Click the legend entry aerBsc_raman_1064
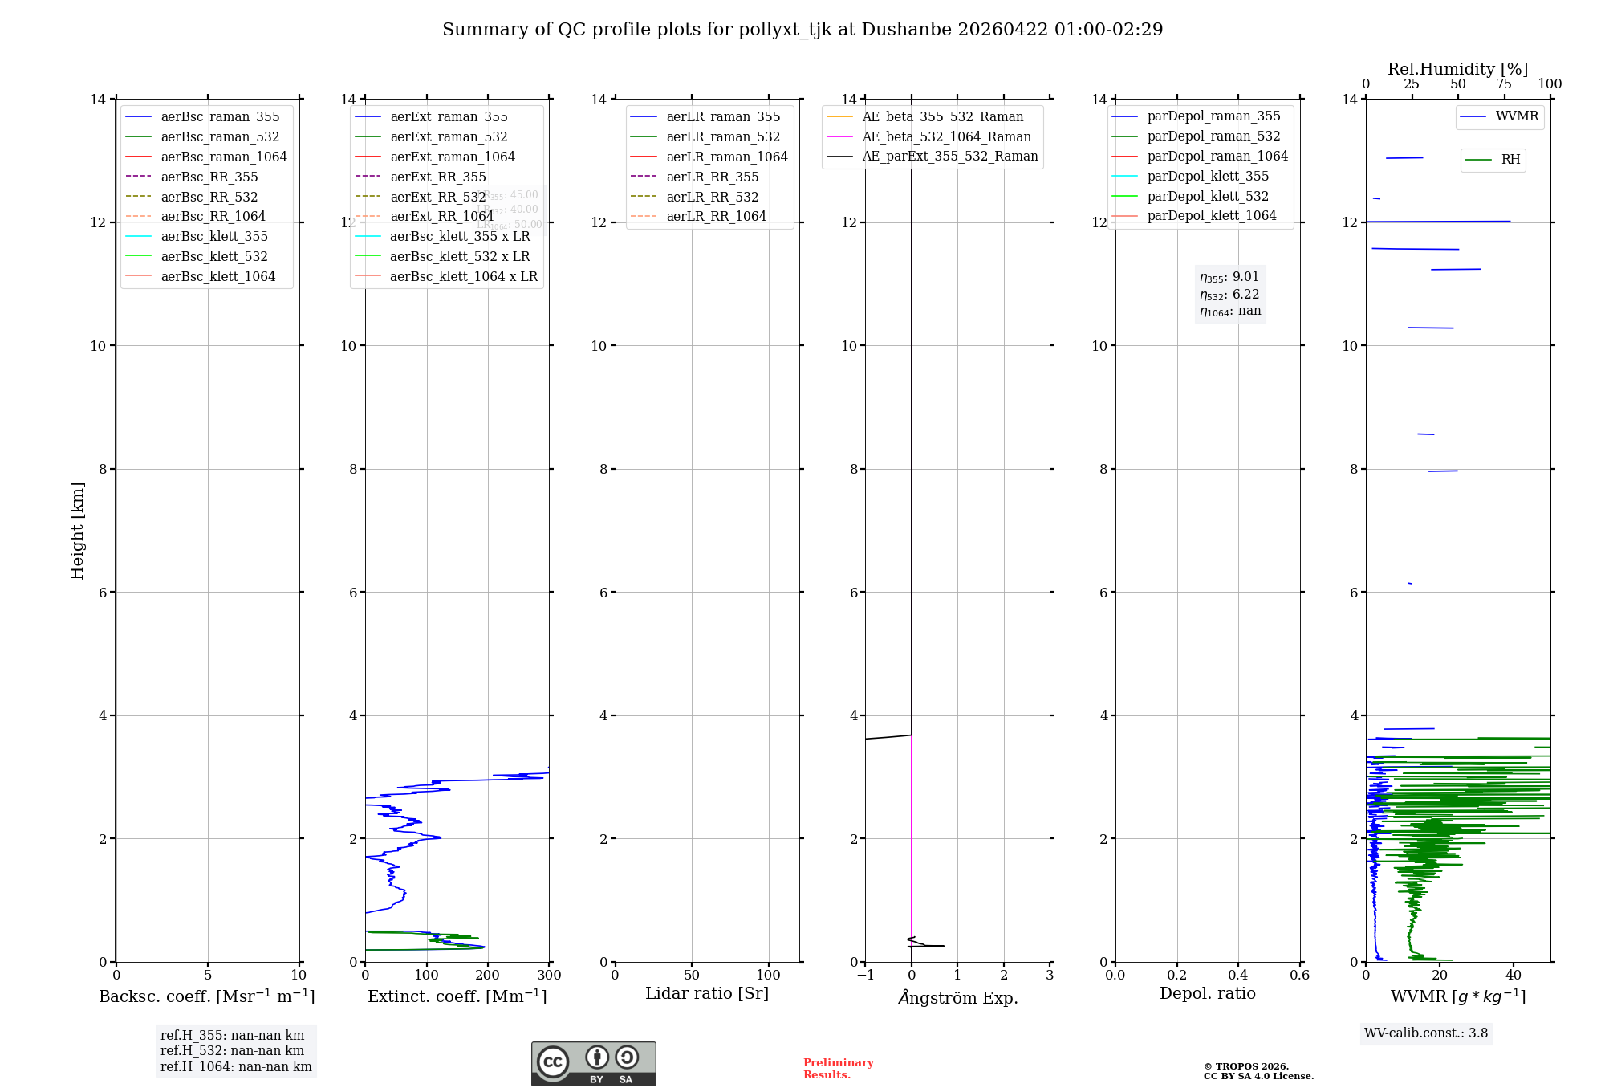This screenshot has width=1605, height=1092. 224,157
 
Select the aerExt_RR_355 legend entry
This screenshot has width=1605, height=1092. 437,177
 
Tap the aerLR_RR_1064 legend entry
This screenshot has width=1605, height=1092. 716,217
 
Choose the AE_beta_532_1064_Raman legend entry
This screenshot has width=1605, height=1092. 946,137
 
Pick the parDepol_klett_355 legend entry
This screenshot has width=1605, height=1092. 1208,177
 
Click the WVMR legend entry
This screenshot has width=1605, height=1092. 1517,116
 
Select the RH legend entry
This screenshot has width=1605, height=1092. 1510,160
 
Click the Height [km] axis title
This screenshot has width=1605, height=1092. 77,531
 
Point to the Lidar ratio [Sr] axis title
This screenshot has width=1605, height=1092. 707,994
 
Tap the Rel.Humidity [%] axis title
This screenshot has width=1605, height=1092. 1457,69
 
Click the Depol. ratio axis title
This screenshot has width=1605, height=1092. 1207,994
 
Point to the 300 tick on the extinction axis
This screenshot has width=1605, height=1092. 550,976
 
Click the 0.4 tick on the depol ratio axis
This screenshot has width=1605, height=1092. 1238,976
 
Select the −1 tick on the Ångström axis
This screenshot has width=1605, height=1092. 865,976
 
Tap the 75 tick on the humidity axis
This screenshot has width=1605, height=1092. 1504,84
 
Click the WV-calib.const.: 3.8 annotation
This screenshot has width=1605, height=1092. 1426,1033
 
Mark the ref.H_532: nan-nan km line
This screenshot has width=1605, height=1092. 232,1051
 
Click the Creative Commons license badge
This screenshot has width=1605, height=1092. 593,1063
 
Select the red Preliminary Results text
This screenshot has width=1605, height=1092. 838,1069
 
